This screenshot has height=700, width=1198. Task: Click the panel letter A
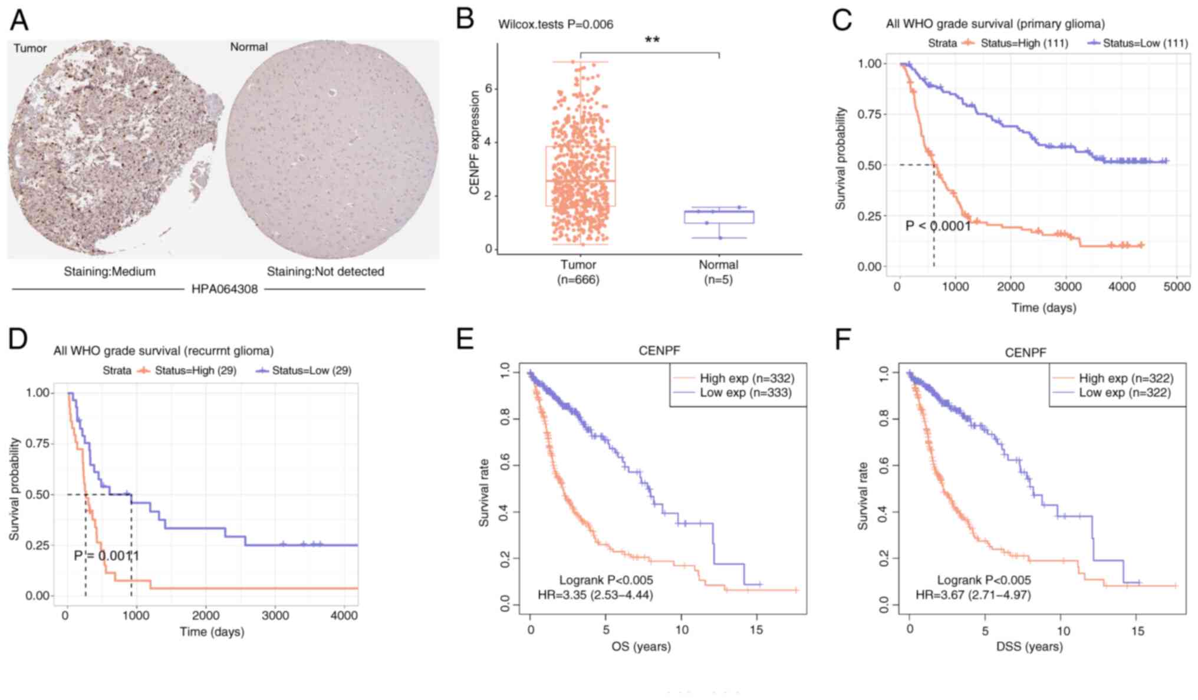click(x=19, y=20)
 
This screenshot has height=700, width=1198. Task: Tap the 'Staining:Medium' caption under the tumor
click(x=110, y=272)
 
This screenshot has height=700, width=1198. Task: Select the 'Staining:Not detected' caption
click(x=325, y=272)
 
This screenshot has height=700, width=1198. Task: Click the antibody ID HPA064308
click(x=225, y=289)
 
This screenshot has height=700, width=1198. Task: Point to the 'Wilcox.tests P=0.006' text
click(x=555, y=24)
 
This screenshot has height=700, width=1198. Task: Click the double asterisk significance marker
click(x=651, y=40)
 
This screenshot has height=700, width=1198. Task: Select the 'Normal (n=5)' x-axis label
click(x=718, y=272)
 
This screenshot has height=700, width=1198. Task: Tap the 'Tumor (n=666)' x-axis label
click(x=578, y=272)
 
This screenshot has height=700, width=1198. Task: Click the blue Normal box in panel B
click(x=719, y=217)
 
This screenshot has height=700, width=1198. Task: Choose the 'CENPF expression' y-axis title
click(x=474, y=143)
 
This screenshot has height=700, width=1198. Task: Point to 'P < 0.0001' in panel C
click(x=938, y=226)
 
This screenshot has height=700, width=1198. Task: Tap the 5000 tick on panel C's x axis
click(x=1177, y=287)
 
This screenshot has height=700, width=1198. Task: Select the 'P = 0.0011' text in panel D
click(x=107, y=556)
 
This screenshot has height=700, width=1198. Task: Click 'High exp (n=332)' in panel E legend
click(x=746, y=378)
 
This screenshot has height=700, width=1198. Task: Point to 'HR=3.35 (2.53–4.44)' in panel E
click(x=595, y=595)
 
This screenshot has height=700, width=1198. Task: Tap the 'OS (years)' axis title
click(x=641, y=646)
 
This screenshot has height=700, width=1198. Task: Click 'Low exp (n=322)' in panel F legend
click(x=1125, y=393)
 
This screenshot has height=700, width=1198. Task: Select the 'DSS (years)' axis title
click(x=1029, y=646)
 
